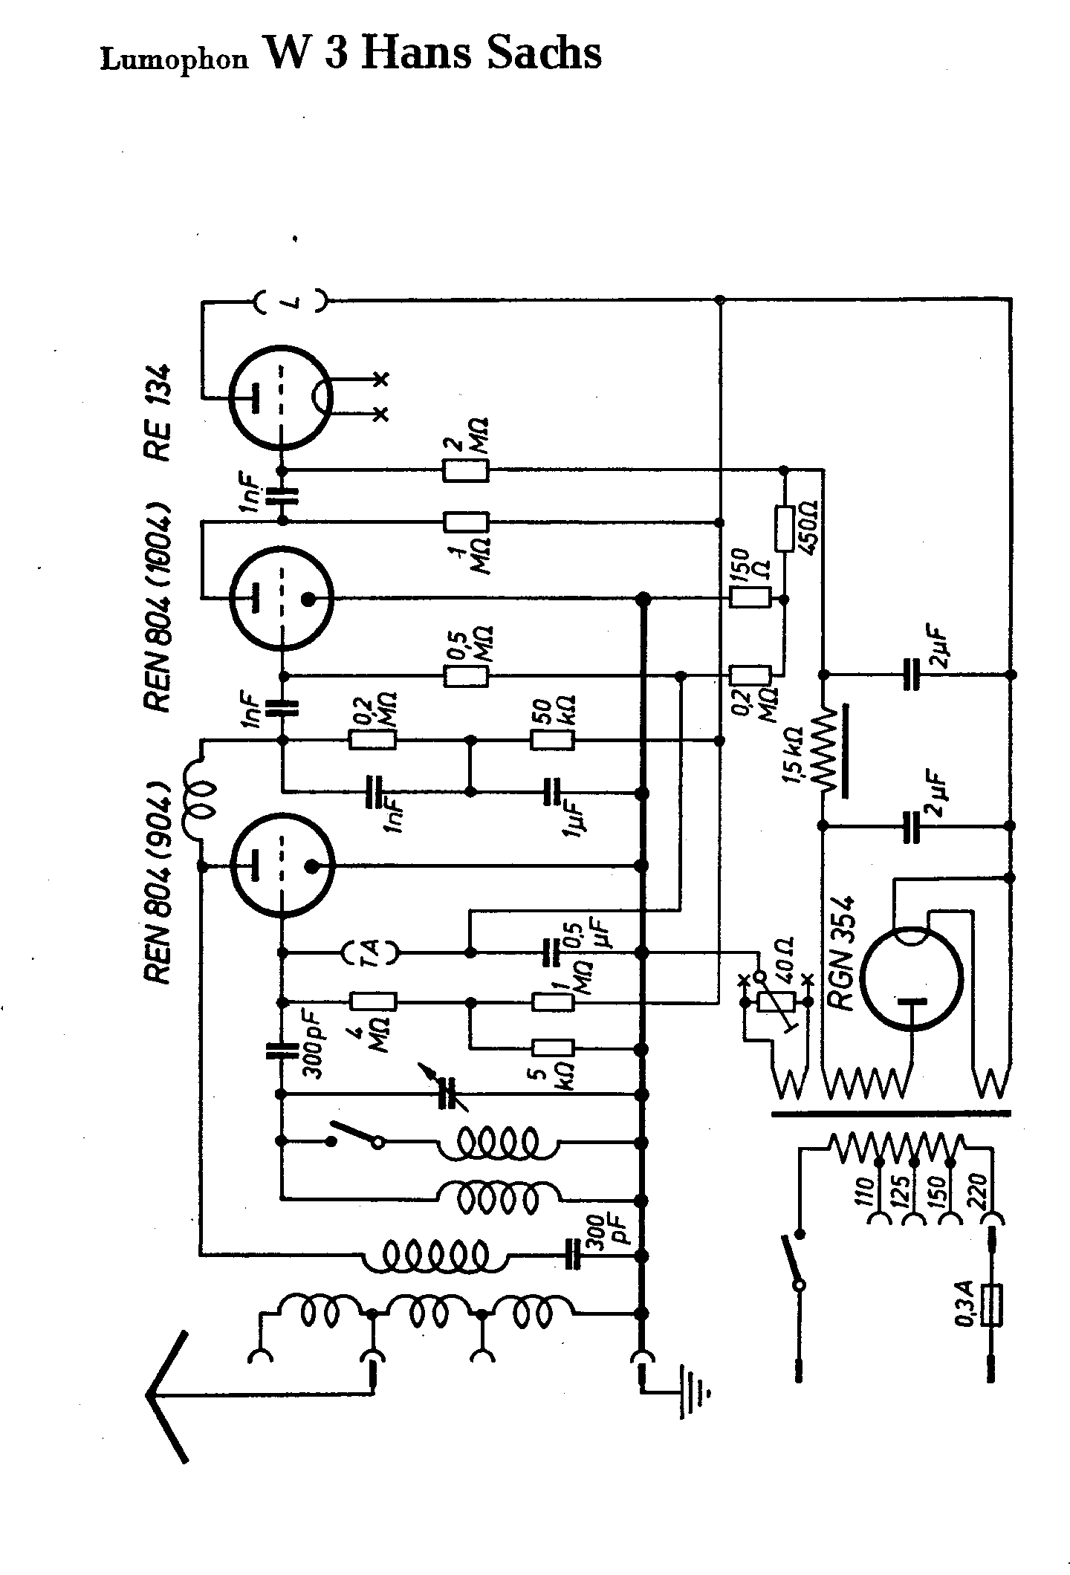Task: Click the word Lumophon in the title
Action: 174,60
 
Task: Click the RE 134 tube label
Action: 160,413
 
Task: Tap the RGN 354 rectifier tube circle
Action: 911,977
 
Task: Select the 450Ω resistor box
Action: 785,529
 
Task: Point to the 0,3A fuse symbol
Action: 991,1305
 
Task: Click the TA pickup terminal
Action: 370,952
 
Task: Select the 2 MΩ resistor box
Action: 466,471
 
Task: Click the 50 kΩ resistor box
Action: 552,741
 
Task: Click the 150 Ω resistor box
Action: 749,598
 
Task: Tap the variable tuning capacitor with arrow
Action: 448,1092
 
